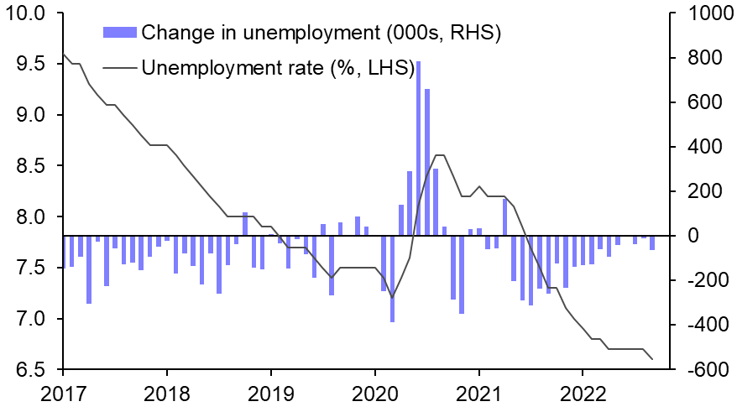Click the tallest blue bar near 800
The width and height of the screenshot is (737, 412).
(x=418, y=148)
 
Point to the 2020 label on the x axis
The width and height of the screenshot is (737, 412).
(x=374, y=393)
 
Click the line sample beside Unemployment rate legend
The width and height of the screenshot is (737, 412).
(x=119, y=66)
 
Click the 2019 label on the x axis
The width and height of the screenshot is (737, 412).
(x=270, y=393)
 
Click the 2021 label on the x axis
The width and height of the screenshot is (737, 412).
(x=478, y=393)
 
